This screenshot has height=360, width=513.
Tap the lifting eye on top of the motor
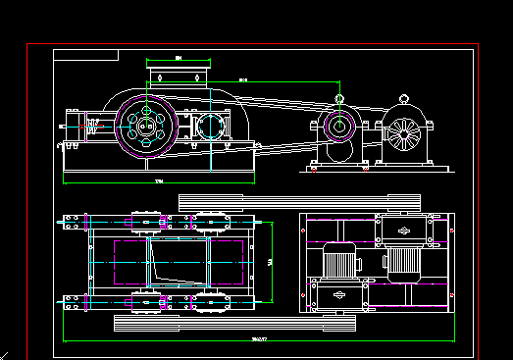[x=403, y=98]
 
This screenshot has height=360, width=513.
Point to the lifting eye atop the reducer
[x=339, y=98]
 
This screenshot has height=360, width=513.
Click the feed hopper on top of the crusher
[x=179, y=76]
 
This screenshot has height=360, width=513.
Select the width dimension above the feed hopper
[x=179, y=60]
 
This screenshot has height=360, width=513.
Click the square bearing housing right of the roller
[x=210, y=126]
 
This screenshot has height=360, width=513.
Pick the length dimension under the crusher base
[x=159, y=182]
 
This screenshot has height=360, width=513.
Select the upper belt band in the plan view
[x=299, y=201]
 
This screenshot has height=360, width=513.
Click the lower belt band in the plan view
[x=235, y=321]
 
